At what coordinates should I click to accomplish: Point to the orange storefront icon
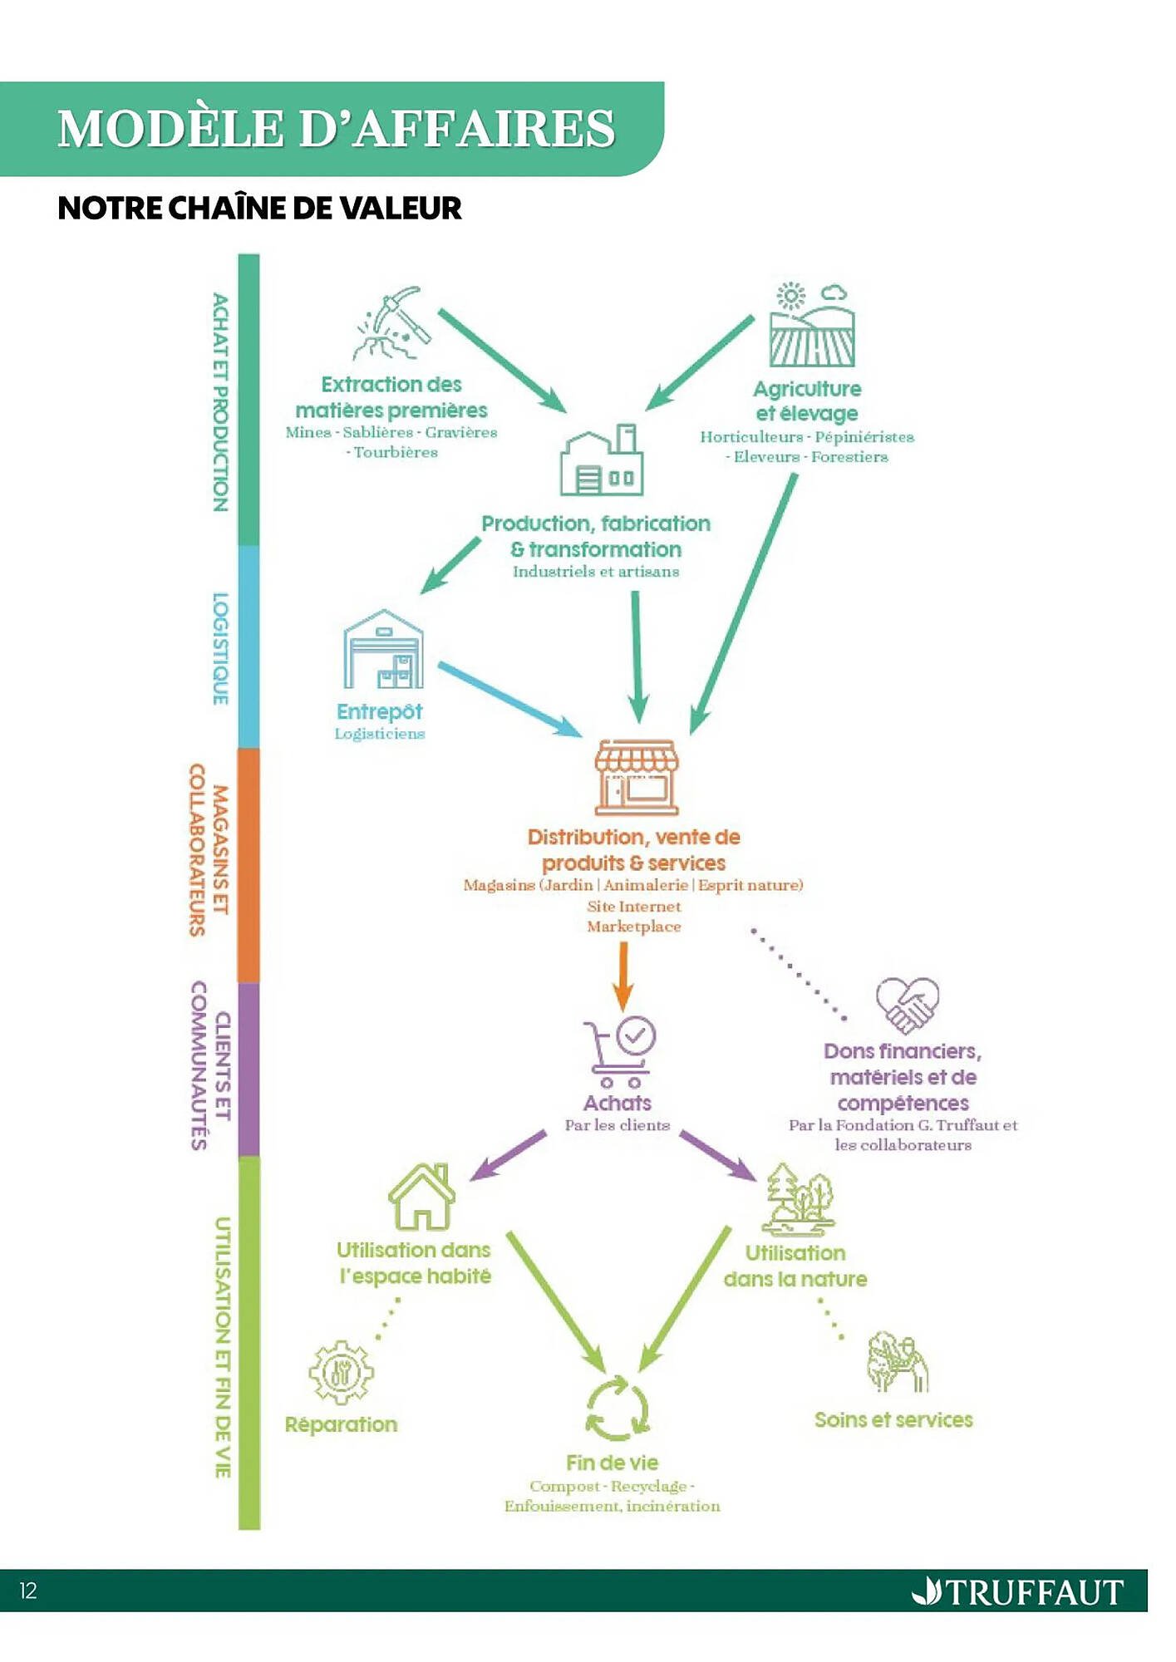[637, 777]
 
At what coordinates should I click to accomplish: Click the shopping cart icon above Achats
[620, 1051]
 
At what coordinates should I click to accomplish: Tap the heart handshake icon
[908, 1004]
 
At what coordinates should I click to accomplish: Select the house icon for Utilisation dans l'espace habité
[422, 1197]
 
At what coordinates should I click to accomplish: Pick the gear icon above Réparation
[341, 1372]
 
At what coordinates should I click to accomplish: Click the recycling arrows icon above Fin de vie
[617, 1409]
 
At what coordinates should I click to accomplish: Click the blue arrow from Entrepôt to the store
[509, 699]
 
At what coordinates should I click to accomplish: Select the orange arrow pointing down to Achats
[622, 976]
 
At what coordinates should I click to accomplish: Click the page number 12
[28, 1591]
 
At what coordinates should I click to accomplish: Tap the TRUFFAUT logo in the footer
[1018, 1592]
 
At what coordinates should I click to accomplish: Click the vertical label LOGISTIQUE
[220, 648]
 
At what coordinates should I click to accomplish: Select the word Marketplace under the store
[634, 927]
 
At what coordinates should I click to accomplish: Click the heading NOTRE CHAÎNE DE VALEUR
[259, 208]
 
